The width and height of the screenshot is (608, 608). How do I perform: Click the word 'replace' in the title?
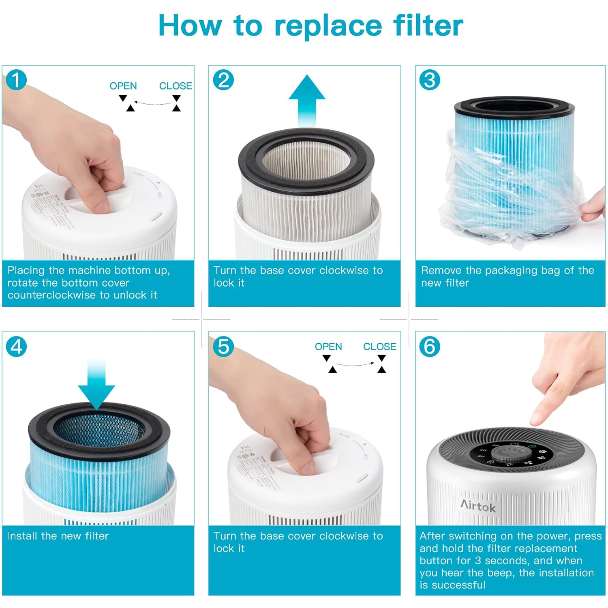328,26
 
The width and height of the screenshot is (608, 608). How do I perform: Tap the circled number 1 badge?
16,80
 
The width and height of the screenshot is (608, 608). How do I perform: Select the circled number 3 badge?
429,80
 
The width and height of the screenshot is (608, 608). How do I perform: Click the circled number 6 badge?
429,347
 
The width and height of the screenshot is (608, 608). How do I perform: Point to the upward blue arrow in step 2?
307,99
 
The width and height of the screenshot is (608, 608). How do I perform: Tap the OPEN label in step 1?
123,86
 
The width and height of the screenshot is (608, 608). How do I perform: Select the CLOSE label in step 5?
379,347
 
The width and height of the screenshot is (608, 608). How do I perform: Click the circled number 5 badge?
223,347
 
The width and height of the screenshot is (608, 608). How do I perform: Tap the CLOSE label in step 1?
176,86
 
